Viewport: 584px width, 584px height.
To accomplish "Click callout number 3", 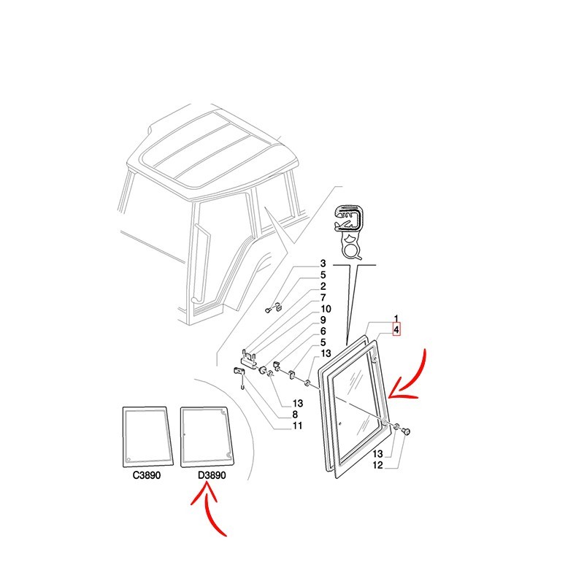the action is (323, 264).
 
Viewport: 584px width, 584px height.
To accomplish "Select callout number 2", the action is (323, 286).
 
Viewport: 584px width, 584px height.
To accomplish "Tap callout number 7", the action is (323, 297).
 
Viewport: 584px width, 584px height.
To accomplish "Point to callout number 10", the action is (326, 309).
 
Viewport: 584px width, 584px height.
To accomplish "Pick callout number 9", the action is (323, 320).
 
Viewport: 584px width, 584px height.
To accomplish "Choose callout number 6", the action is (323, 331).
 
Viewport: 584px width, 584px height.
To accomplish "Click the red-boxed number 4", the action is (396, 330).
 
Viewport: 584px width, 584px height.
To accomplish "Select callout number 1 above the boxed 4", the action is (396, 318).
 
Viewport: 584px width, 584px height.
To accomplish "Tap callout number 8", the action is (295, 415).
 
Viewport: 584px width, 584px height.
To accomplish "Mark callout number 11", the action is (297, 426).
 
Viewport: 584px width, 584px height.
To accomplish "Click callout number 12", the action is (377, 465).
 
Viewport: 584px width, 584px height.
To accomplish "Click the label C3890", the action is (147, 475).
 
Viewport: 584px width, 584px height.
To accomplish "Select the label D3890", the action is (212, 475).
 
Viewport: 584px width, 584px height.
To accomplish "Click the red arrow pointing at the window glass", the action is (409, 376).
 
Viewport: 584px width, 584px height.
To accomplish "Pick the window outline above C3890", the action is (123, 437).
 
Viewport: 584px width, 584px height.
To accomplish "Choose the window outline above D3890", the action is (181, 437).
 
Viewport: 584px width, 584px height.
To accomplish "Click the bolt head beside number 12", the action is (407, 431).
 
